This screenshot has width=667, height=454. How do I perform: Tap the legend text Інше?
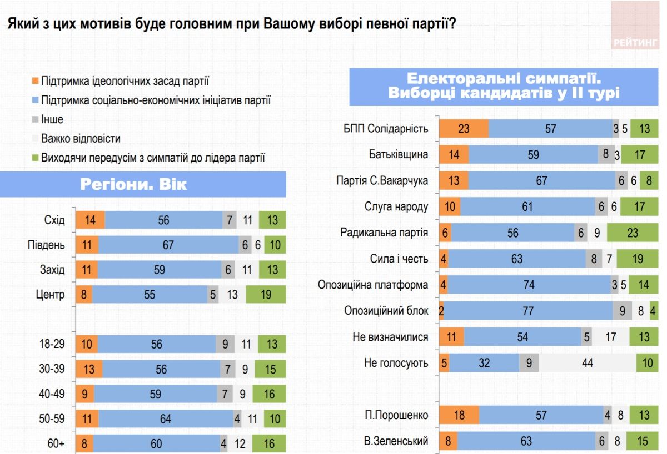(x=52, y=119)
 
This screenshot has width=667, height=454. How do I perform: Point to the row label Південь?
(x=46, y=245)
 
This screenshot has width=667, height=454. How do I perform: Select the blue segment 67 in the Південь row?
(x=168, y=245)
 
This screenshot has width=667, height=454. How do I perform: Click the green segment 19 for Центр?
(x=266, y=295)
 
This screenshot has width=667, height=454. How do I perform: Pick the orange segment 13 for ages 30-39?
(x=88, y=369)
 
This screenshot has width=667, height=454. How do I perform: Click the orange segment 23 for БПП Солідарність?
(x=464, y=129)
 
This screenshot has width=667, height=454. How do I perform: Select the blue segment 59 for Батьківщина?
(x=533, y=155)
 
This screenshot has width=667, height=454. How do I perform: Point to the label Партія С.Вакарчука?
(x=382, y=180)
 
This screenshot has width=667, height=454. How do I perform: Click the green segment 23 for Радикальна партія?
(x=633, y=233)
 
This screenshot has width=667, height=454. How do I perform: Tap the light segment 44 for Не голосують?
(x=588, y=363)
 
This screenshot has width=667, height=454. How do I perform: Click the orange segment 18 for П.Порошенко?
(x=459, y=415)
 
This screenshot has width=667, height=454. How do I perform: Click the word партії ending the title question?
(x=432, y=24)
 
